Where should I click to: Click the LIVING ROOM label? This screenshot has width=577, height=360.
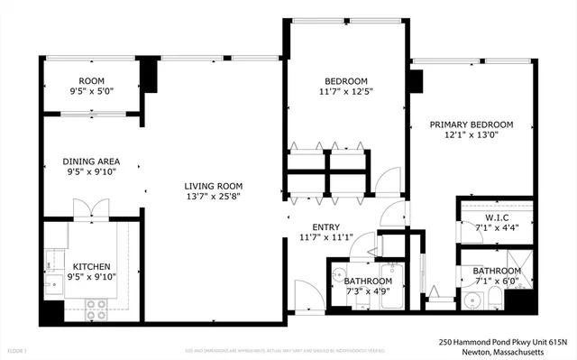tap(212, 184)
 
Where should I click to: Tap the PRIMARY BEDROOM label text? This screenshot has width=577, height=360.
tap(471, 125)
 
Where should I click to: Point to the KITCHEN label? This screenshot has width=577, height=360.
tap(91, 267)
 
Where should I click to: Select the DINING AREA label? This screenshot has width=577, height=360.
tap(91, 162)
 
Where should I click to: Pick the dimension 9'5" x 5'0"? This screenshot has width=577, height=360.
tap(91, 90)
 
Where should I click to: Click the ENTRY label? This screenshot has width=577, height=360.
tap(326, 227)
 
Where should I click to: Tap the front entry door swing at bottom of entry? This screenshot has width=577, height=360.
tap(307, 295)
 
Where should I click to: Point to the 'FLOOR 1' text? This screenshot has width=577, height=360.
tap(17, 349)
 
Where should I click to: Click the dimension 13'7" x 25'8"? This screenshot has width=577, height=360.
tap(212, 196)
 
